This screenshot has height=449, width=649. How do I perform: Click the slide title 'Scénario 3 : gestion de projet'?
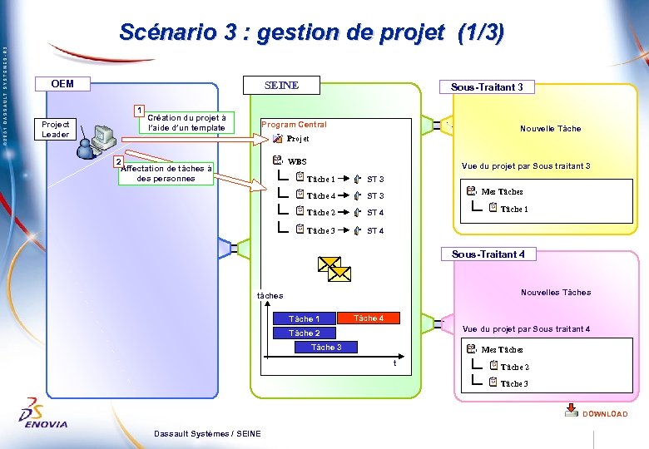point(311,32)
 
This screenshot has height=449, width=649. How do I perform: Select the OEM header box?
point(62,84)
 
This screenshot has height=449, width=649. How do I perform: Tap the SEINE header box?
point(281,86)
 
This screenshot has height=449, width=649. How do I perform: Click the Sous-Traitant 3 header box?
point(487,87)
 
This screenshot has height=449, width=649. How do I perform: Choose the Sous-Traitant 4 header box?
point(488,254)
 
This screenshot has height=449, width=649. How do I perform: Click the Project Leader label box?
point(56,129)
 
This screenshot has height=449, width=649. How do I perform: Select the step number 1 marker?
point(141,111)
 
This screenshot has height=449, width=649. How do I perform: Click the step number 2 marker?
point(118,160)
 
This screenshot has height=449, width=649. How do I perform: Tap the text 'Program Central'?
point(294,125)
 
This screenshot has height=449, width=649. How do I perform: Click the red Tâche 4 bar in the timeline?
point(369,318)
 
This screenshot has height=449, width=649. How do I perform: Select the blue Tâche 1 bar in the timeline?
point(304,318)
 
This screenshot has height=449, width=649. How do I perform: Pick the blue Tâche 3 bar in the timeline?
point(326,347)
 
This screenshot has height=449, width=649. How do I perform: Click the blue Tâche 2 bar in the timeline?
point(304,333)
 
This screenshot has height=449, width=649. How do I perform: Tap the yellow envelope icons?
point(334,269)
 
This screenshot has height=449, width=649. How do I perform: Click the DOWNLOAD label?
point(605,413)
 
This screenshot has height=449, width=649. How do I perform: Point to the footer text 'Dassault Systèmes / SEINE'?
point(207,433)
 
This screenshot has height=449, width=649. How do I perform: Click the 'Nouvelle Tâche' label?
point(550,129)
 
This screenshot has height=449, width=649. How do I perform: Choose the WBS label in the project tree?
point(297,161)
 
